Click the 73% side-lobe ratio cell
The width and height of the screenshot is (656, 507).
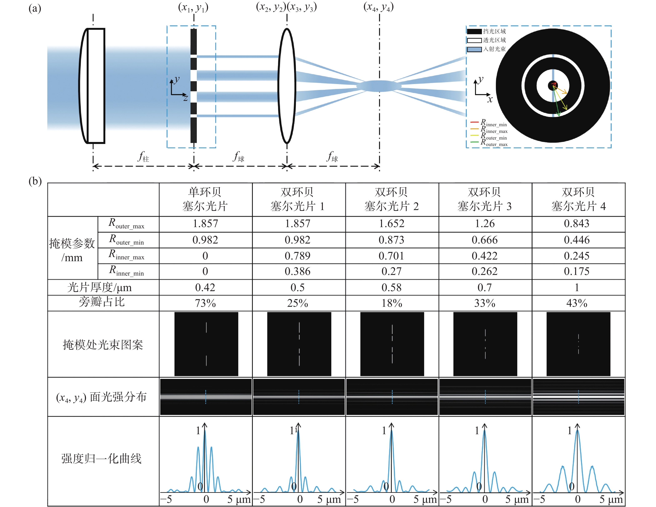[206, 303]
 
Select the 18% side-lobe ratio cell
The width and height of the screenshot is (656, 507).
[392, 303]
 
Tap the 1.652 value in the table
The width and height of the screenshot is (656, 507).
[392, 224]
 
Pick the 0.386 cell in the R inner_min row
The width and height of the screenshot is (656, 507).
[297, 271]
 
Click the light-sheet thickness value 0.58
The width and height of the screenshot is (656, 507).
[392, 287]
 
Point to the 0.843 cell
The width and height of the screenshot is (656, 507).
[577, 224]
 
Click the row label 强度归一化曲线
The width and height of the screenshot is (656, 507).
[102, 458]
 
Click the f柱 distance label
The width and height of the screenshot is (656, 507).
[143, 156]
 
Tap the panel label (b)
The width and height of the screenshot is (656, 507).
[35, 181]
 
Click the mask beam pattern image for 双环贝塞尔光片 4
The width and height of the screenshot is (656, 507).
[578, 344]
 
